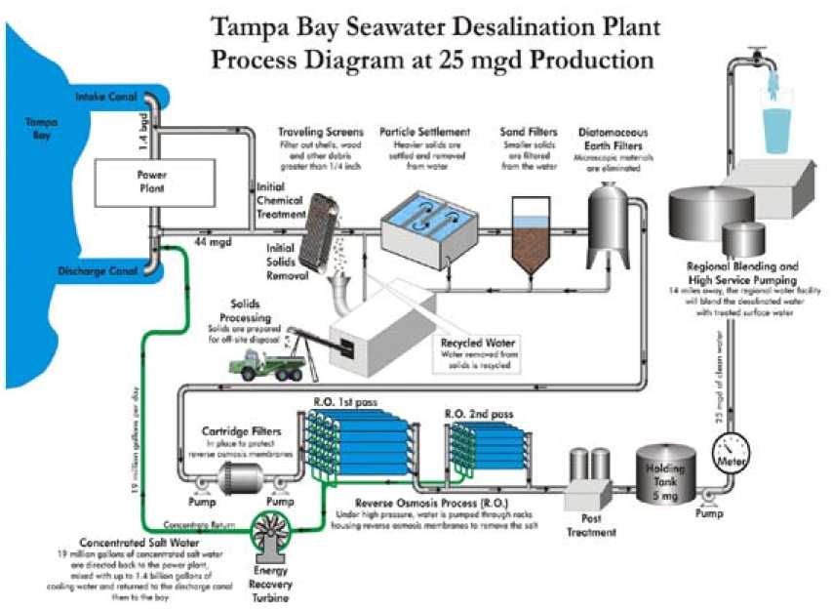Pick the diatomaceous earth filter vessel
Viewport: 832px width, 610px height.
609,217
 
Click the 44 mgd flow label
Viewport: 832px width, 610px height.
210,239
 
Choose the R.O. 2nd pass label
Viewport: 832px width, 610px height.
479,414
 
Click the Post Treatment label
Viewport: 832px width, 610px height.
592,526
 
